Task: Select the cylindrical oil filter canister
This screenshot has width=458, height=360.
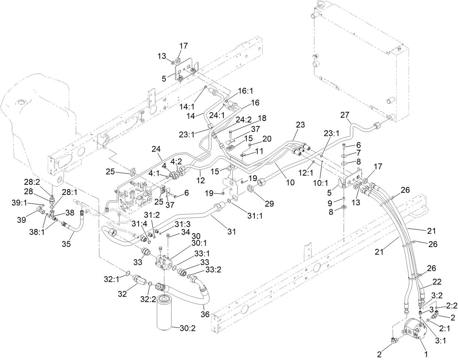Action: point(169,312)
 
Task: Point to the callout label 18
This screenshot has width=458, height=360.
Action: point(262,118)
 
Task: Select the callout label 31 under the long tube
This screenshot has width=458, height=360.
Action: point(232,231)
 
